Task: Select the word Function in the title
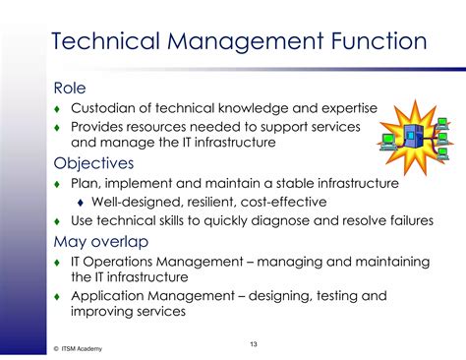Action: coord(370,42)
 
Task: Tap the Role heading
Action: coord(70,89)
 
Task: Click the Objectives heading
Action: coord(94,162)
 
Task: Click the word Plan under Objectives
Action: coord(86,183)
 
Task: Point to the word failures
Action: coord(405,221)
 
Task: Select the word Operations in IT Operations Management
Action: coord(125,261)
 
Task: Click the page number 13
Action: coord(253,343)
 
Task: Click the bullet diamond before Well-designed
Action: coord(82,203)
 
